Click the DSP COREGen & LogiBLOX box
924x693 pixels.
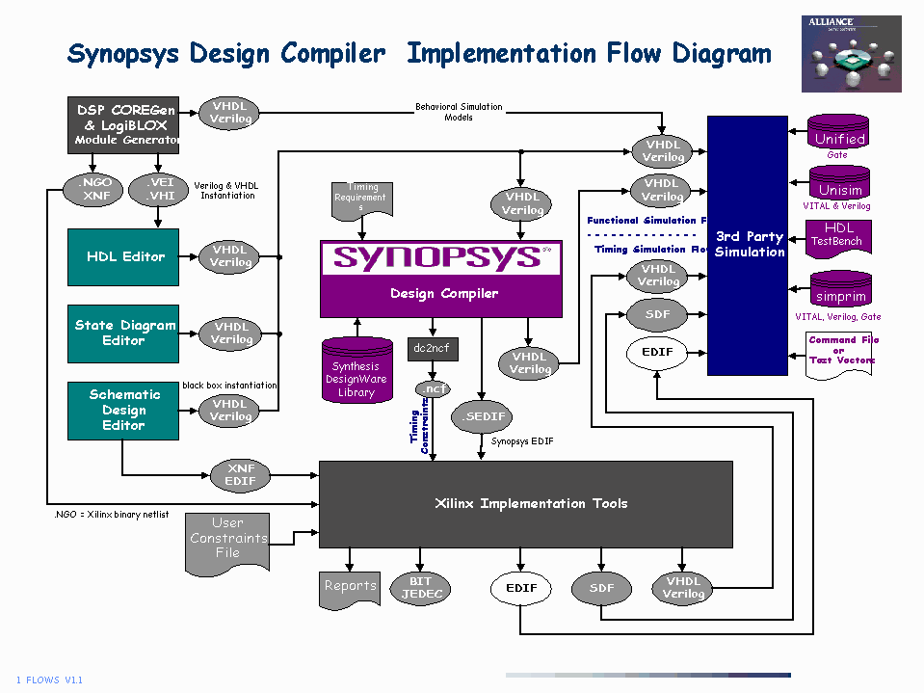124,125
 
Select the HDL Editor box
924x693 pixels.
124,256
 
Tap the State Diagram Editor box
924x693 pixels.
124,333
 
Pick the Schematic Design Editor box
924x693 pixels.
124,410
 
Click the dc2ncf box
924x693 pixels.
433,348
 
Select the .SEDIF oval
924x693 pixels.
483,416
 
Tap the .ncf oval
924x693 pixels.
433,389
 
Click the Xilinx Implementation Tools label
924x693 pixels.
531,503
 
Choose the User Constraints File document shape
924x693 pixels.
227,540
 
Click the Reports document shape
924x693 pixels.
350,588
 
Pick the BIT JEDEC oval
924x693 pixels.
421,588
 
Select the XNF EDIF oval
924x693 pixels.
241,474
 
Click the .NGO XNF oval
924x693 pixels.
93,189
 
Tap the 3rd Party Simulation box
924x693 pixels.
748,245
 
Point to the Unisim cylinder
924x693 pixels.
839,185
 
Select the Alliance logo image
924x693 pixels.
851,54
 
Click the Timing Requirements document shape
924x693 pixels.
361,200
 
